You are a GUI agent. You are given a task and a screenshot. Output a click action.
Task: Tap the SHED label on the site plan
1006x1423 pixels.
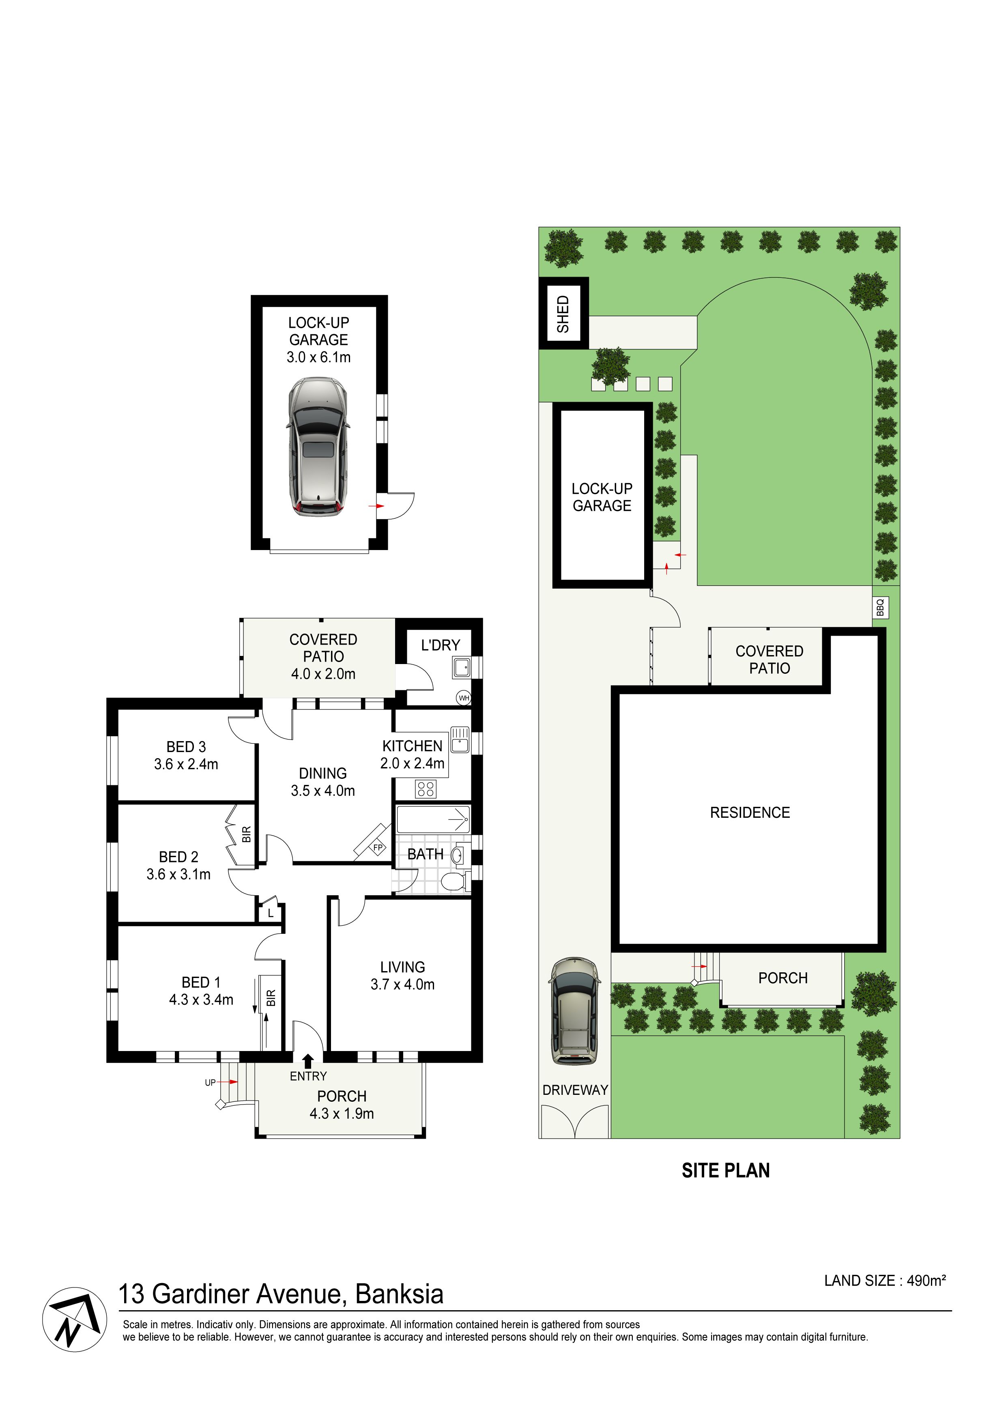[x=563, y=314]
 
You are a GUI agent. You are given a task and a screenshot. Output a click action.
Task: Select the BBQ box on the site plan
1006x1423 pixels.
[x=881, y=607]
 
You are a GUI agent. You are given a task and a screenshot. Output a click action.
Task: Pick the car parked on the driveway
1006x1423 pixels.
[x=574, y=1011]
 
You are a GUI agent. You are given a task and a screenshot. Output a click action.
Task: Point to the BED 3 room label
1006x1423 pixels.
[x=186, y=747]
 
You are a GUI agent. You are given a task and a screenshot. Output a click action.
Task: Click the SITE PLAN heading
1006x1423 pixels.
[x=726, y=1170]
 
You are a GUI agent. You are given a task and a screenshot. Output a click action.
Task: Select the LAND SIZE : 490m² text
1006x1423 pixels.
[x=885, y=1281]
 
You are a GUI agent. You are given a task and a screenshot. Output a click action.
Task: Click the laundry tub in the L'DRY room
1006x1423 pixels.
[x=461, y=668]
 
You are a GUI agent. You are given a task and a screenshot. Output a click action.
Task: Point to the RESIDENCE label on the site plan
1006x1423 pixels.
[x=750, y=813]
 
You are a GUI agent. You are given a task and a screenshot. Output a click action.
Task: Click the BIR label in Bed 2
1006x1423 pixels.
[x=246, y=834]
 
